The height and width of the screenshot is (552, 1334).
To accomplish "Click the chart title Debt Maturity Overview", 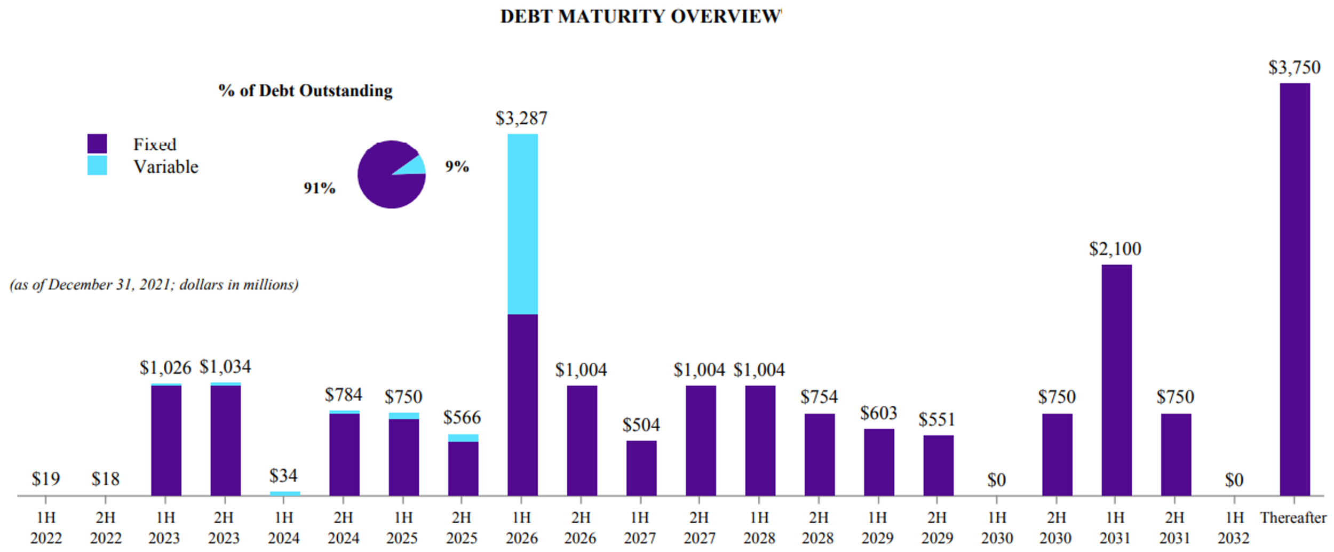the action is [x=640, y=17].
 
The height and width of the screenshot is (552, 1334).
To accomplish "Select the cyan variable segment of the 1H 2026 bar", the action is [x=522, y=224].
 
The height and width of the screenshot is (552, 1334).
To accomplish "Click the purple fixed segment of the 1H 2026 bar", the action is [x=522, y=405].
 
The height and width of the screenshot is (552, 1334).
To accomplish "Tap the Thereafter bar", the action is [x=1295, y=290].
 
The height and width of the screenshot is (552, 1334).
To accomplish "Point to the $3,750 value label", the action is [x=1294, y=67].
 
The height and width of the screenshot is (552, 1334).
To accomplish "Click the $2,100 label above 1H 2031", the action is [x=1115, y=249].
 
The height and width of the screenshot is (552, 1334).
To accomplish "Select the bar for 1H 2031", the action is [x=1117, y=380].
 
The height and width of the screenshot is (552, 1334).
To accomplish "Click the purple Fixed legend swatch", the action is [x=97, y=143].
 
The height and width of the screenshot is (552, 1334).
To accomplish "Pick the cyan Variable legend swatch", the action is [x=97, y=165].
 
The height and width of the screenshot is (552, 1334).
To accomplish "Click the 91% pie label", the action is [x=319, y=188].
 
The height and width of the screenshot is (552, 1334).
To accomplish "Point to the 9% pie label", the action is [x=457, y=166].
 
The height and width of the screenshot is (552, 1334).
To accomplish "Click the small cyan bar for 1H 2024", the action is [x=285, y=494].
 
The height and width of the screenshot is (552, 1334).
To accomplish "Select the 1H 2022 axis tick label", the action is [x=46, y=528].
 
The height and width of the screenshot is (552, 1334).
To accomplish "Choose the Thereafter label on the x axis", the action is [x=1293, y=518].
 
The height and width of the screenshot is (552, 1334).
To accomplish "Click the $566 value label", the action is [x=462, y=417].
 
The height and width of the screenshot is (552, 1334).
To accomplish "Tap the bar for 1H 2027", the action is [x=641, y=468].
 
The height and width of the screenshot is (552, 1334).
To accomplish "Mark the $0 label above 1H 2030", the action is [x=996, y=480].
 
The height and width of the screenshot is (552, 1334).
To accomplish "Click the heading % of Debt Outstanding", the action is [x=305, y=91].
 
